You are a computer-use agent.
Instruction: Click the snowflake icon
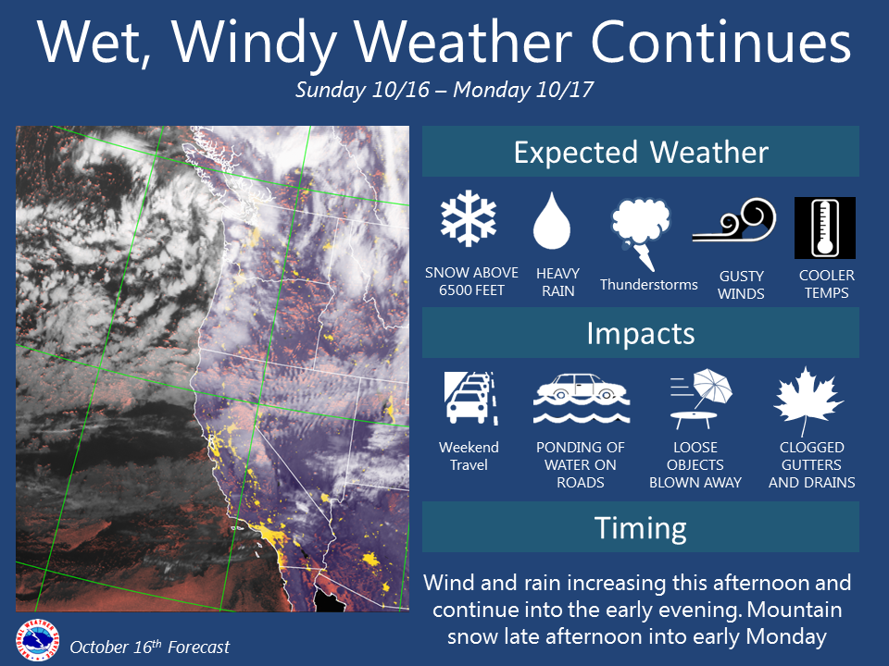(469, 219)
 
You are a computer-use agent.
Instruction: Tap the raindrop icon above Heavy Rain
(552, 220)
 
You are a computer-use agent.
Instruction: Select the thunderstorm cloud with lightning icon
(641, 233)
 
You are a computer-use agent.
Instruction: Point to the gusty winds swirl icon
(733, 220)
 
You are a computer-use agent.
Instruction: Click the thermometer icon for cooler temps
(825, 228)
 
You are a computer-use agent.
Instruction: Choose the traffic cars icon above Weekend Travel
(471, 398)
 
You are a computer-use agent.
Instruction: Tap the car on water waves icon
(582, 399)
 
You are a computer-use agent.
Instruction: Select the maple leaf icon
(808, 401)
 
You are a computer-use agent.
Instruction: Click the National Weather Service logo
(37, 640)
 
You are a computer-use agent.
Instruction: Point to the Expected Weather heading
(641, 153)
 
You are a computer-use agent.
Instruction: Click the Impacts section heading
(641, 333)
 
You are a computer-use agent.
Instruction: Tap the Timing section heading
(641, 528)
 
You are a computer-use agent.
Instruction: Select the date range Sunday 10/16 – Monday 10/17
(444, 90)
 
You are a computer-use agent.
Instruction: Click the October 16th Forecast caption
(150, 647)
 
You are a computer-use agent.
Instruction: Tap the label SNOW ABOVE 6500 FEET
(471, 281)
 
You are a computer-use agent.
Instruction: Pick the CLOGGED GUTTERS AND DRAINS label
(812, 465)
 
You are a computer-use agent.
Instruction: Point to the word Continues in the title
(721, 42)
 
